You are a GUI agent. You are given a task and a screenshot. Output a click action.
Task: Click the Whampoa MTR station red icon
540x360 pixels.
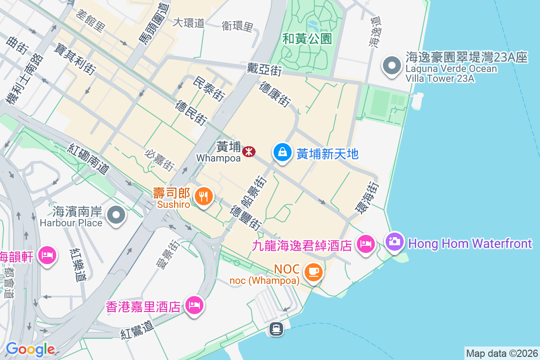pyautogui.click(x=249, y=152)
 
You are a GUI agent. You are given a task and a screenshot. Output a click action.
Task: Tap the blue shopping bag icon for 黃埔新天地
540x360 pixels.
pyautogui.click(x=282, y=152)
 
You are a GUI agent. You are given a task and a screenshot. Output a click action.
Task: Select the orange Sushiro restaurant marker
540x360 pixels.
pyautogui.click(x=204, y=197)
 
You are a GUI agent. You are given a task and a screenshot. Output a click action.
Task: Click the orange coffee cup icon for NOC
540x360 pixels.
pyautogui.click(x=313, y=272)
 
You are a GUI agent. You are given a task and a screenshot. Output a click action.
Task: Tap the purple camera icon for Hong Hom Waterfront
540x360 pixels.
pyautogui.click(x=395, y=242)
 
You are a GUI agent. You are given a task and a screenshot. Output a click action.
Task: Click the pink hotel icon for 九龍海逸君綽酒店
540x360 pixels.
pyautogui.click(x=366, y=244)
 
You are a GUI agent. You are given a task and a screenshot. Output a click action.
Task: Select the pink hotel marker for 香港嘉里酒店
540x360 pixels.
pyautogui.click(x=194, y=306)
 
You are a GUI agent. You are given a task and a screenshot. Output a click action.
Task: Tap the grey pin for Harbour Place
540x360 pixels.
pyautogui.click(x=117, y=215)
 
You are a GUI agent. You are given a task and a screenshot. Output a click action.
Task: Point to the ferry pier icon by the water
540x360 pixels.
pyautogui.click(x=276, y=329)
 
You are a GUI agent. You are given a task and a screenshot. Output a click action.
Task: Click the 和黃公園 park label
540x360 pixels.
pyautogui.click(x=307, y=39)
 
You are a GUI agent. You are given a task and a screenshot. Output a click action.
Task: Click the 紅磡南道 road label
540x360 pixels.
pyautogui.click(x=89, y=159)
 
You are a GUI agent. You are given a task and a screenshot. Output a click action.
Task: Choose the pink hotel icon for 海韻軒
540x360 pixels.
pyautogui.click(x=47, y=255)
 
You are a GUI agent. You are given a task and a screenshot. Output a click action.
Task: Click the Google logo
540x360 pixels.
pyautogui.click(x=30, y=349)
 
